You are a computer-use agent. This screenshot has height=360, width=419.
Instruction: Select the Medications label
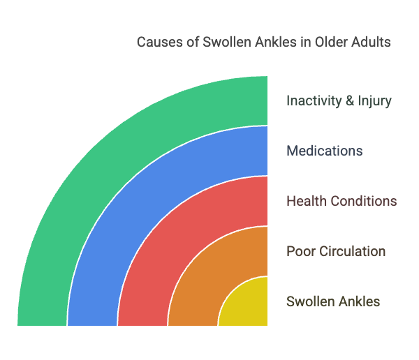324,151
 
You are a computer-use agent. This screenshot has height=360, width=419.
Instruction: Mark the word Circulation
352,251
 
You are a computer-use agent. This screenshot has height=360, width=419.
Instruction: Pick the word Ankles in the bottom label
359,301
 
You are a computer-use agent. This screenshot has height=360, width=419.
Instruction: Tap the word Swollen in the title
224,42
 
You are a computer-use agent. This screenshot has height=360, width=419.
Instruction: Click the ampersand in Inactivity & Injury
349,100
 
